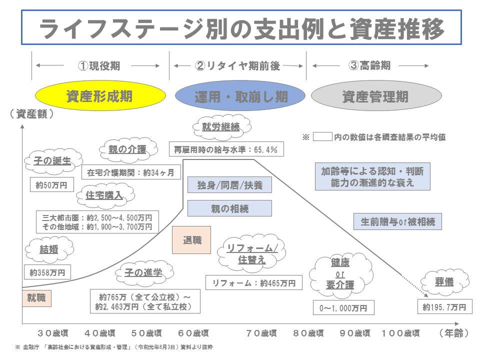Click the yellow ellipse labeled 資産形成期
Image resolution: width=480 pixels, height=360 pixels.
pos(99,96)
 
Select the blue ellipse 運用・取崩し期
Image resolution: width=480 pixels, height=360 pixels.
pos(240,96)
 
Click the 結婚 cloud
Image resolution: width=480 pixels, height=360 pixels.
pos(48,249)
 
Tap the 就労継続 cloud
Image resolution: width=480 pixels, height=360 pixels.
pos(220,127)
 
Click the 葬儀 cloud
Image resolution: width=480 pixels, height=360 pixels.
pos(443,281)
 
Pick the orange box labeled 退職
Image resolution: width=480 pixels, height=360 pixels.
pos(191,239)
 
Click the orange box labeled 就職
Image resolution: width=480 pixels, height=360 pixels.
pos(37,298)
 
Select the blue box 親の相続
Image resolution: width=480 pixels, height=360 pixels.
pos(229,208)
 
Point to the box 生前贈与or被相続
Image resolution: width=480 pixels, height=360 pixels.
pos(398,221)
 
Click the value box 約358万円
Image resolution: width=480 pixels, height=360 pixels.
pos(47,272)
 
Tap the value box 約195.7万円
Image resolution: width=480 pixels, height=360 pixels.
pos(444,306)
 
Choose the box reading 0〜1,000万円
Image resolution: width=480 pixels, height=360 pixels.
pos(343,308)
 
